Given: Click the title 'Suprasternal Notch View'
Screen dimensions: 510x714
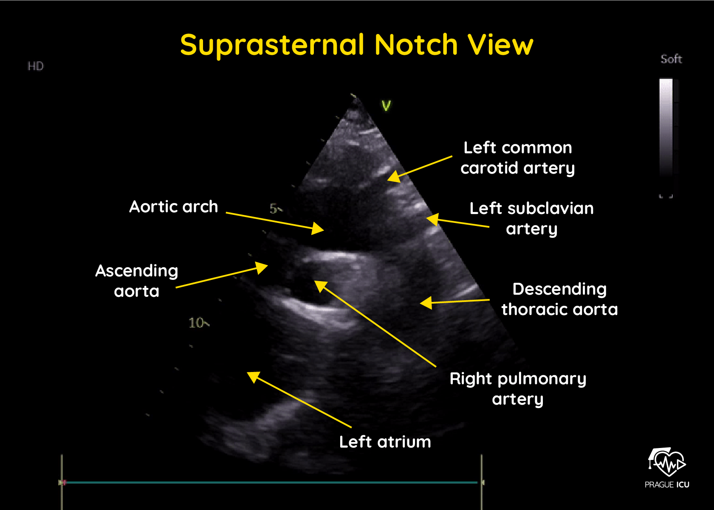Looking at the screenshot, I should pos(356,45).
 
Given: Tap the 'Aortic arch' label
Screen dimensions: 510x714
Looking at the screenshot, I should pos(173,207).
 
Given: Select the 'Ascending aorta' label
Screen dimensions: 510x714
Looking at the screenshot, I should pos(136,281).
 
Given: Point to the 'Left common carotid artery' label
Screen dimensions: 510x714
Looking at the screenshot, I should pos(517,158).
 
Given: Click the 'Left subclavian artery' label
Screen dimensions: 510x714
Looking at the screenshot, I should pos(531,218).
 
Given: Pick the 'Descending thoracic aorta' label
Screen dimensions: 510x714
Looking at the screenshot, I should pos(559,299).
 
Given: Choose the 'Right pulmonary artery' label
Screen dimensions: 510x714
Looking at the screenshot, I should pos(518,389).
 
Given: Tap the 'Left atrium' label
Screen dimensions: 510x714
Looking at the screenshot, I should pos(385,442).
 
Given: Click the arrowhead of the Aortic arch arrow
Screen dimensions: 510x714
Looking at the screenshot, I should pos(319,229).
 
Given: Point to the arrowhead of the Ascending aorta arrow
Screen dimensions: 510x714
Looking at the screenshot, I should pos(263,267).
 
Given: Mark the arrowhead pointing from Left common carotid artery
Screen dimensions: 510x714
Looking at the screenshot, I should pos(392,176).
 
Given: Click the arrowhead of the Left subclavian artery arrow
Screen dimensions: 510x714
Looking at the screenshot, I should pos(431,219).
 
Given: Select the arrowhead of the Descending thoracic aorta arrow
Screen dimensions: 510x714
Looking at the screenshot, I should pos(425,303).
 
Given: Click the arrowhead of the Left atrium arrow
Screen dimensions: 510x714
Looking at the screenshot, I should pos(252,376).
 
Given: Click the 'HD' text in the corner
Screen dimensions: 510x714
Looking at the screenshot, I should pos(36,66).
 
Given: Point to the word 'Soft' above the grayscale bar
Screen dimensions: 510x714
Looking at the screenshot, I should pos(671,59).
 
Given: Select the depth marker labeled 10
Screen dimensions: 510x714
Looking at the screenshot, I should pos(197,323).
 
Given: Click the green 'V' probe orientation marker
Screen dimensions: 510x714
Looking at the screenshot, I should pos(386,106).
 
